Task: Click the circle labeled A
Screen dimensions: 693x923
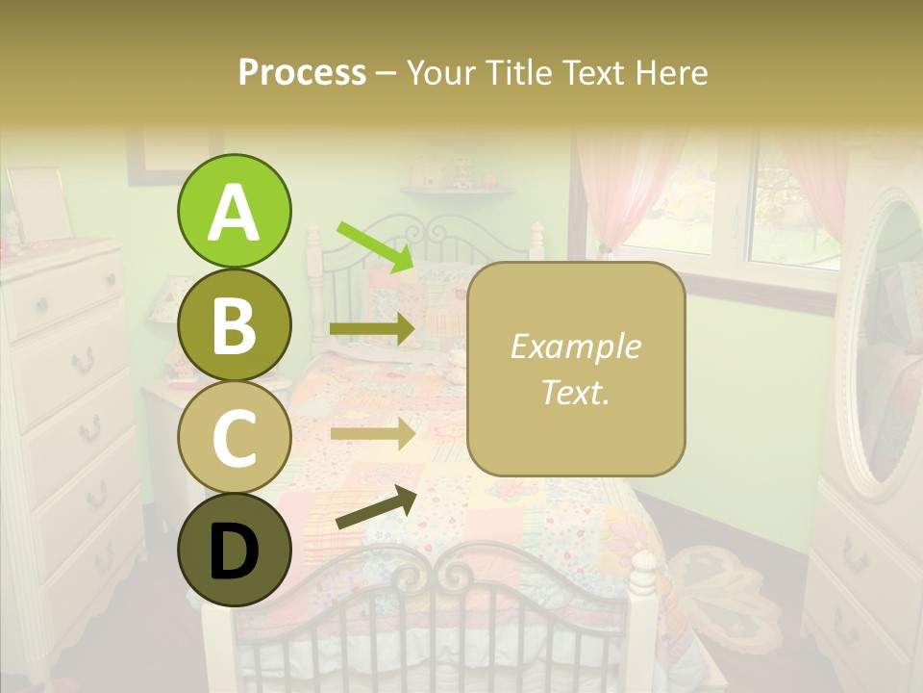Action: click(x=234, y=211)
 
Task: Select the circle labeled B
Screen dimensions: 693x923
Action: click(x=234, y=324)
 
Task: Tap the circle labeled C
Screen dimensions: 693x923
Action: click(x=234, y=437)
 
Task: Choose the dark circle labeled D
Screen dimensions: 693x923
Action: click(x=234, y=550)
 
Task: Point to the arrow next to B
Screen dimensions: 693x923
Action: click(x=373, y=329)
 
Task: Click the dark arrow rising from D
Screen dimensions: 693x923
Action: click(x=376, y=507)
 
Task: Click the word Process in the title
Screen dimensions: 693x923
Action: click(x=302, y=73)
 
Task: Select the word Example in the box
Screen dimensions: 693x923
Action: click(x=576, y=346)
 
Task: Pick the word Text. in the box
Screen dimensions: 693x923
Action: click(x=576, y=392)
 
